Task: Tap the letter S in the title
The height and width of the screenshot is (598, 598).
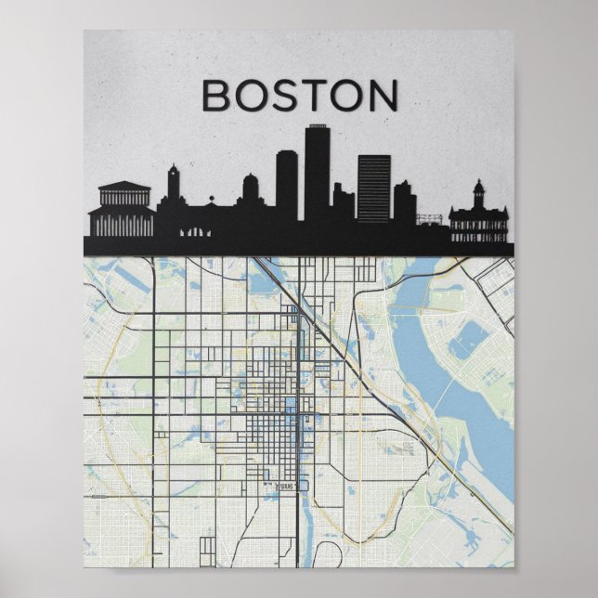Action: click(287, 96)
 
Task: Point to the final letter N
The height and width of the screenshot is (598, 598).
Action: click(383, 96)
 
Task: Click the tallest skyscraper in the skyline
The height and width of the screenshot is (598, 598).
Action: click(317, 176)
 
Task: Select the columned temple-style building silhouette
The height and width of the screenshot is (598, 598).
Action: click(122, 212)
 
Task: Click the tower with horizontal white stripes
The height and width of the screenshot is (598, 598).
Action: click(374, 188)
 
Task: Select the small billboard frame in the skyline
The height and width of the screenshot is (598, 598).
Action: click(430, 219)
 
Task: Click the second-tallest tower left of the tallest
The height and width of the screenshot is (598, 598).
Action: click(287, 186)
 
